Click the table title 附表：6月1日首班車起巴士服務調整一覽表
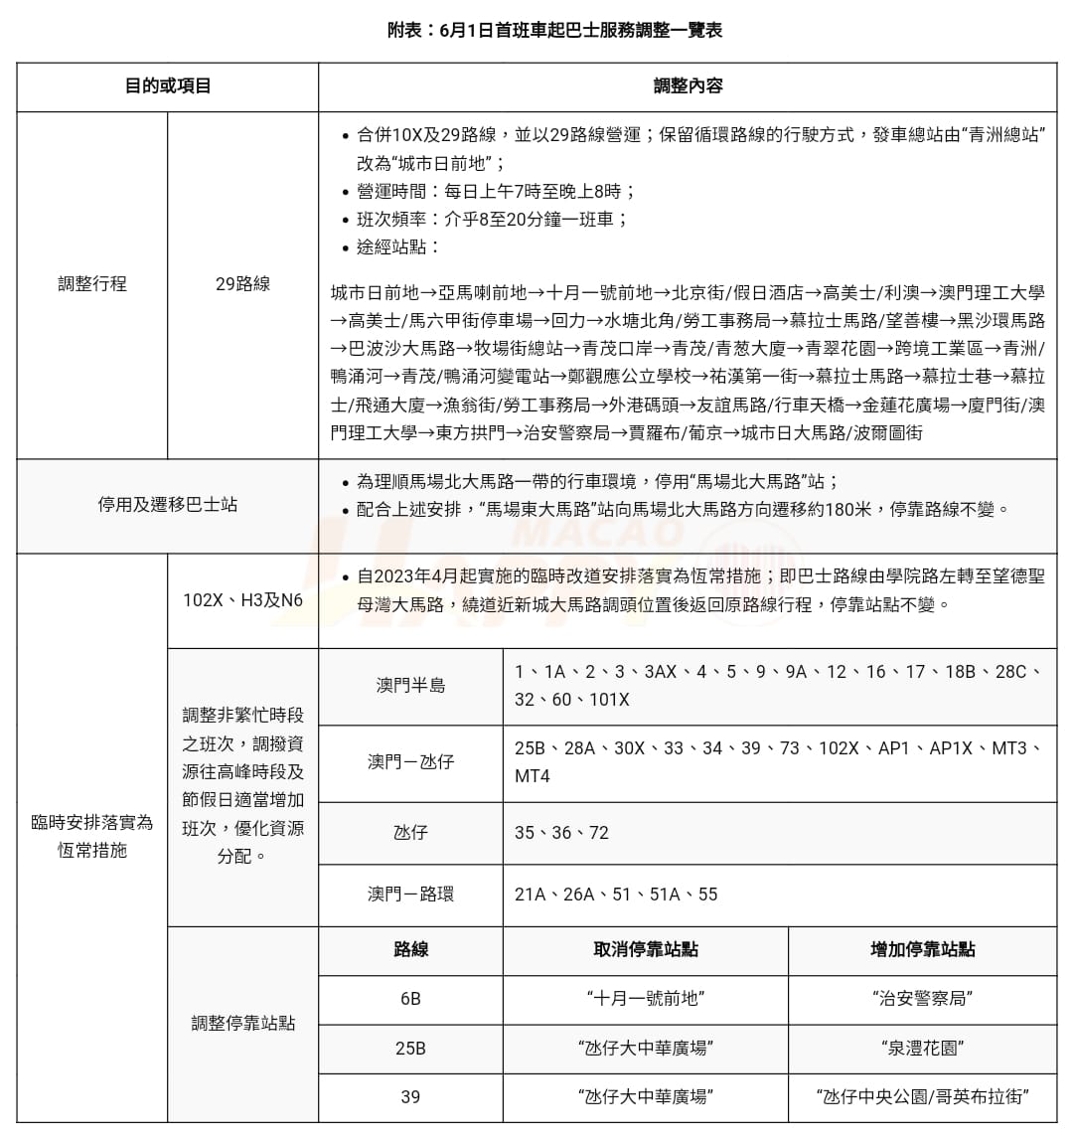coord(554,30)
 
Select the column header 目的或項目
coord(168,86)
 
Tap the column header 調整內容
coord(688,86)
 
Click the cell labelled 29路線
coord(242,284)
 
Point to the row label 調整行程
coord(92,284)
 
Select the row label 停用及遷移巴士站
coord(168,505)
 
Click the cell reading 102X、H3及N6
coord(242,600)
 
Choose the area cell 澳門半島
coord(410,686)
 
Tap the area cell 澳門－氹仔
coord(410,762)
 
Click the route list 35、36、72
coord(561,833)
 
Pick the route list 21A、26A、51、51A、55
coord(616,895)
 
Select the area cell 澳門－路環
coord(410,895)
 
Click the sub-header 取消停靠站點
coord(646,950)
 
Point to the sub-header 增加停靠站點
coord(922,950)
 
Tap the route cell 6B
coord(410,999)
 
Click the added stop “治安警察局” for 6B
coord(922,999)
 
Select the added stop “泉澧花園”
coord(922,1049)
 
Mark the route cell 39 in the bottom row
coord(410,1097)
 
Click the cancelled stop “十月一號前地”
coord(646,999)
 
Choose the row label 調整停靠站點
coord(242,1024)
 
